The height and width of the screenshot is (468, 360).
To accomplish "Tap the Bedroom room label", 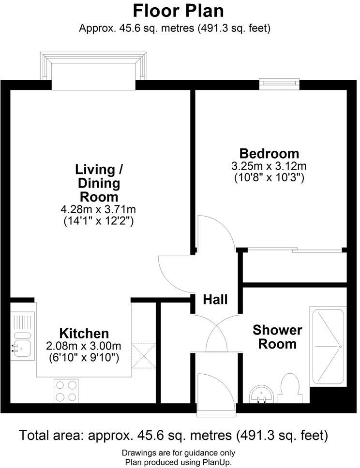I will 269,154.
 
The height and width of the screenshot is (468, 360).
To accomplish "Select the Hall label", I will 215,300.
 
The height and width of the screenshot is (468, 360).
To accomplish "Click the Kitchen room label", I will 84,333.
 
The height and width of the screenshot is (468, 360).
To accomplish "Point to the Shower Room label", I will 277,337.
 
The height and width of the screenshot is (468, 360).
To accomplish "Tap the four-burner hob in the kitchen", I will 66,391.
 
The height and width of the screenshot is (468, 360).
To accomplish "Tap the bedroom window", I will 279,84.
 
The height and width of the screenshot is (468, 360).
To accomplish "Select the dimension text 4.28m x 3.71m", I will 99,210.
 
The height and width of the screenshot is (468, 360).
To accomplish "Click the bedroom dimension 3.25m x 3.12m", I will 269,166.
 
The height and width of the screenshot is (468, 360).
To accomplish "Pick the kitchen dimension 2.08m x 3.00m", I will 83,346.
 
